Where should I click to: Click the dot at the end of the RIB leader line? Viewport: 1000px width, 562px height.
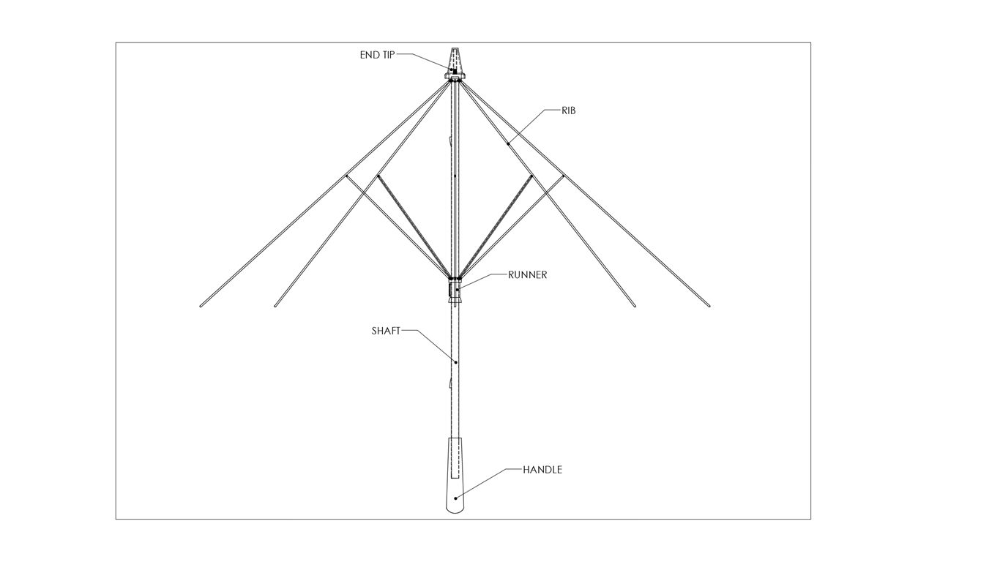click(x=508, y=143)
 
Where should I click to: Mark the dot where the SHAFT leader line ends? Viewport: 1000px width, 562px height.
click(x=456, y=362)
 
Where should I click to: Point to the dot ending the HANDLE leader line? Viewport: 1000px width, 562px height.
click(x=455, y=498)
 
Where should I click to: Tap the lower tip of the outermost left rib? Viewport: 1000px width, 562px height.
click(x=201, y=306)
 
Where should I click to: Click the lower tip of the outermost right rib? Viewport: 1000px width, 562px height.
click(x=709, y=306)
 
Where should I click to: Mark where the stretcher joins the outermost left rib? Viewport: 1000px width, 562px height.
click(x=346, y=176)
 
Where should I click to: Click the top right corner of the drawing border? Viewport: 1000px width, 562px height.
click(x=810, y=43)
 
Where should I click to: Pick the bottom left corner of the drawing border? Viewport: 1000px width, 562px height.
click(x=116, y=519)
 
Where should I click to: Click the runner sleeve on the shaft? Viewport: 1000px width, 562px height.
click(x=455, y=291)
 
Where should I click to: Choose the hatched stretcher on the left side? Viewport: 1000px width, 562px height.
click(x=414, y=225)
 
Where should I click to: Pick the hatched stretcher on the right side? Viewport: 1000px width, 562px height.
click(x=496, y=225)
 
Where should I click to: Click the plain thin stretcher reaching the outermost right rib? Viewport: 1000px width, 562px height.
click(x=512, y=226)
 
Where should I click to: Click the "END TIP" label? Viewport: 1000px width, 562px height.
click(x=377, y=55)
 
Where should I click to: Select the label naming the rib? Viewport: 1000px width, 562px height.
click(x=569, y=110)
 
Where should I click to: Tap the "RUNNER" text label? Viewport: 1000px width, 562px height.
click(x=527, y=275)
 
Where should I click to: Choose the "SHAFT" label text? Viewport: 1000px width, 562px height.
click(x=386, y=331)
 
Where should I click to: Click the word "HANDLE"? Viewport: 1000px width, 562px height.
click(x=542, y=470)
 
